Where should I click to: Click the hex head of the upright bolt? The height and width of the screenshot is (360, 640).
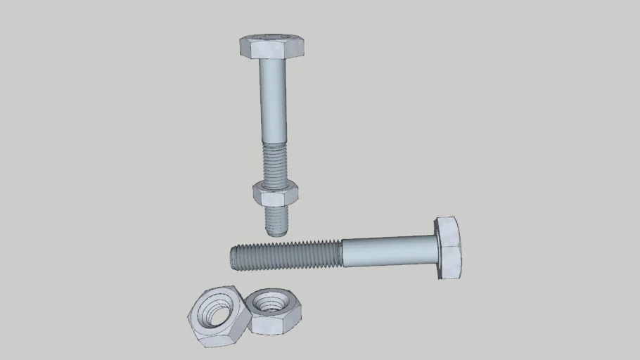click(x=271, y=47)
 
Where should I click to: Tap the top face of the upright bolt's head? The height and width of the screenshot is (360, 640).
click(x=271, y=39)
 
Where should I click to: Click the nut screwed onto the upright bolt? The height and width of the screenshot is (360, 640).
click(x=275, y=193)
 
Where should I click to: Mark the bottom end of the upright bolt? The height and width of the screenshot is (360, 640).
click(x=278, y=232)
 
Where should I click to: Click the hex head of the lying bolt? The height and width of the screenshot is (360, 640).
click(x=448, y=247)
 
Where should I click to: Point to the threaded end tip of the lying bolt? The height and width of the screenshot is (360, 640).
click(x=233, y=257)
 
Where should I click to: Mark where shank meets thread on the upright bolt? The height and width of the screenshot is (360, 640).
click(x=274, y=142)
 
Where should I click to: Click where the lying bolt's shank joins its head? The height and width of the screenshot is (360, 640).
click(x=437, y=250)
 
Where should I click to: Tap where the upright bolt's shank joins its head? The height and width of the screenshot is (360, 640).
click(x=272, y=60)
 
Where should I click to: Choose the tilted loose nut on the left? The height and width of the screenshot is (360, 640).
click(x=218, y=316)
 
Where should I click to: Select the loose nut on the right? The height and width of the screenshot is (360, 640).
click(x=274, y=311)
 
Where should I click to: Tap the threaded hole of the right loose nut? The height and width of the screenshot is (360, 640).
click(x=267, y=303)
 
